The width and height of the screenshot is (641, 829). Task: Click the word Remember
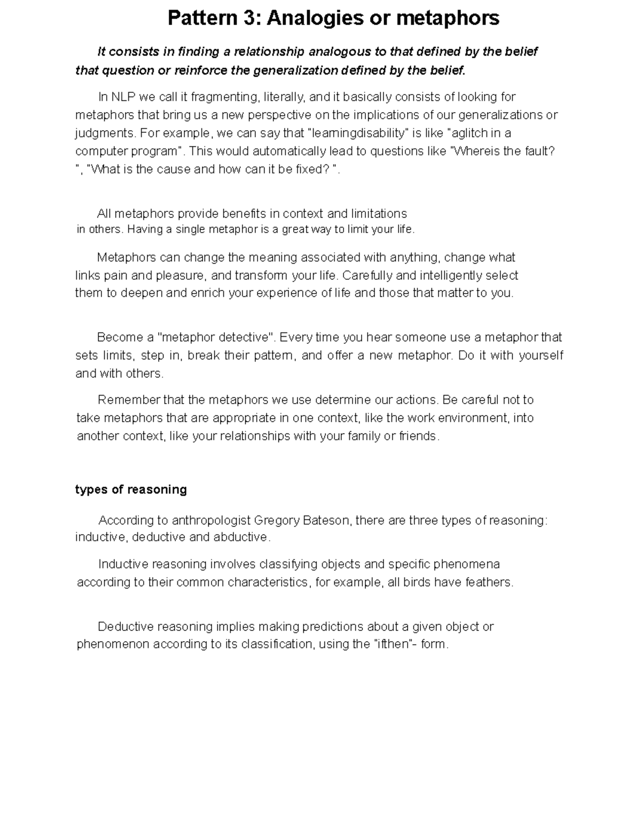pos(129,400)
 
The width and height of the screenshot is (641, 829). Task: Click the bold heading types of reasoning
pos(131,489)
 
